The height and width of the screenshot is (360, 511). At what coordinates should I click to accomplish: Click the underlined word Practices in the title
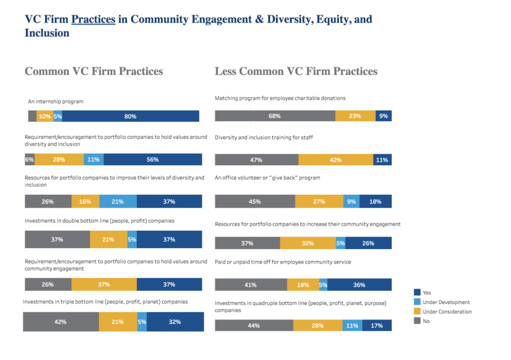point(93,19)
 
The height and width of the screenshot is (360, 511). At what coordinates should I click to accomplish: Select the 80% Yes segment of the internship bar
point(130,116)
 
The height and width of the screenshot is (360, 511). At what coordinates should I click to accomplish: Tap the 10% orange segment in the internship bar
point(44,116)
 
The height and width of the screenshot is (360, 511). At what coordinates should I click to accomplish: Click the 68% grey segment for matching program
point(274,116)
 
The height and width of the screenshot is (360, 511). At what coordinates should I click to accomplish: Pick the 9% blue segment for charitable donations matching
point(383,116)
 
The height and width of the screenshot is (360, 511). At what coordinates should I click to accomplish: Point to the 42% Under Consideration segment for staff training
point(335,160)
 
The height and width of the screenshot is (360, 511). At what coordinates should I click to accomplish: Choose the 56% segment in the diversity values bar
point(153,160)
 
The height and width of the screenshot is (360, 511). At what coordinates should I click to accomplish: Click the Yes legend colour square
point(417,293)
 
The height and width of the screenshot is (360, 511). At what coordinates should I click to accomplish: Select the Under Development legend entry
point(446,302)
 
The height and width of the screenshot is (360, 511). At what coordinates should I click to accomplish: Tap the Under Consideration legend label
point(447,312)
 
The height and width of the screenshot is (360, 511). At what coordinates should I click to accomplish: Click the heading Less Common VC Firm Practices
point(296,71)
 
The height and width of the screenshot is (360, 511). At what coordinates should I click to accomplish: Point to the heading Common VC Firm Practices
point(94,71)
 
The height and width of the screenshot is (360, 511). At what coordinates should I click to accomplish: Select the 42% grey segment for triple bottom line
point(60,322)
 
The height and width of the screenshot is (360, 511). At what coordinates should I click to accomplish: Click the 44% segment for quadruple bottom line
point(254,326)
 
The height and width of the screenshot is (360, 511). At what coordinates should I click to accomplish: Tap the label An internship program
point(56,101)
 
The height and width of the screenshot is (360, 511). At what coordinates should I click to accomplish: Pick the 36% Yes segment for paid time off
point(359,285)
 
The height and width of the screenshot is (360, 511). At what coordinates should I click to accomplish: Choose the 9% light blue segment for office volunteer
point(351,202)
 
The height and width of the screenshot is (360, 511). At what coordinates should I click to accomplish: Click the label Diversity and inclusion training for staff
point(264,137)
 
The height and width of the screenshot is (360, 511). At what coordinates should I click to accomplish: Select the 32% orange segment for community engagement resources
point(307,243)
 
